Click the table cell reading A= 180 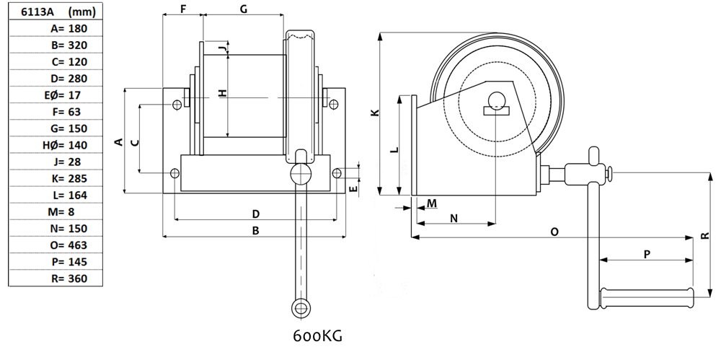[55, 29]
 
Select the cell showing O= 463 [55, 245]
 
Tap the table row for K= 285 [55, 178]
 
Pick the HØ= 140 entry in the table [55, 145]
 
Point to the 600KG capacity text [317, 336]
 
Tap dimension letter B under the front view [255, 230]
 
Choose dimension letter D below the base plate [255, 214]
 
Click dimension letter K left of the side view [373, 113]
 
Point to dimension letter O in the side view [554, 232]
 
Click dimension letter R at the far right [704, 236]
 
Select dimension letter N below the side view [454, 217]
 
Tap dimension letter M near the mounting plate [431, 203]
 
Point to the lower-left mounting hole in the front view [174, 173]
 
